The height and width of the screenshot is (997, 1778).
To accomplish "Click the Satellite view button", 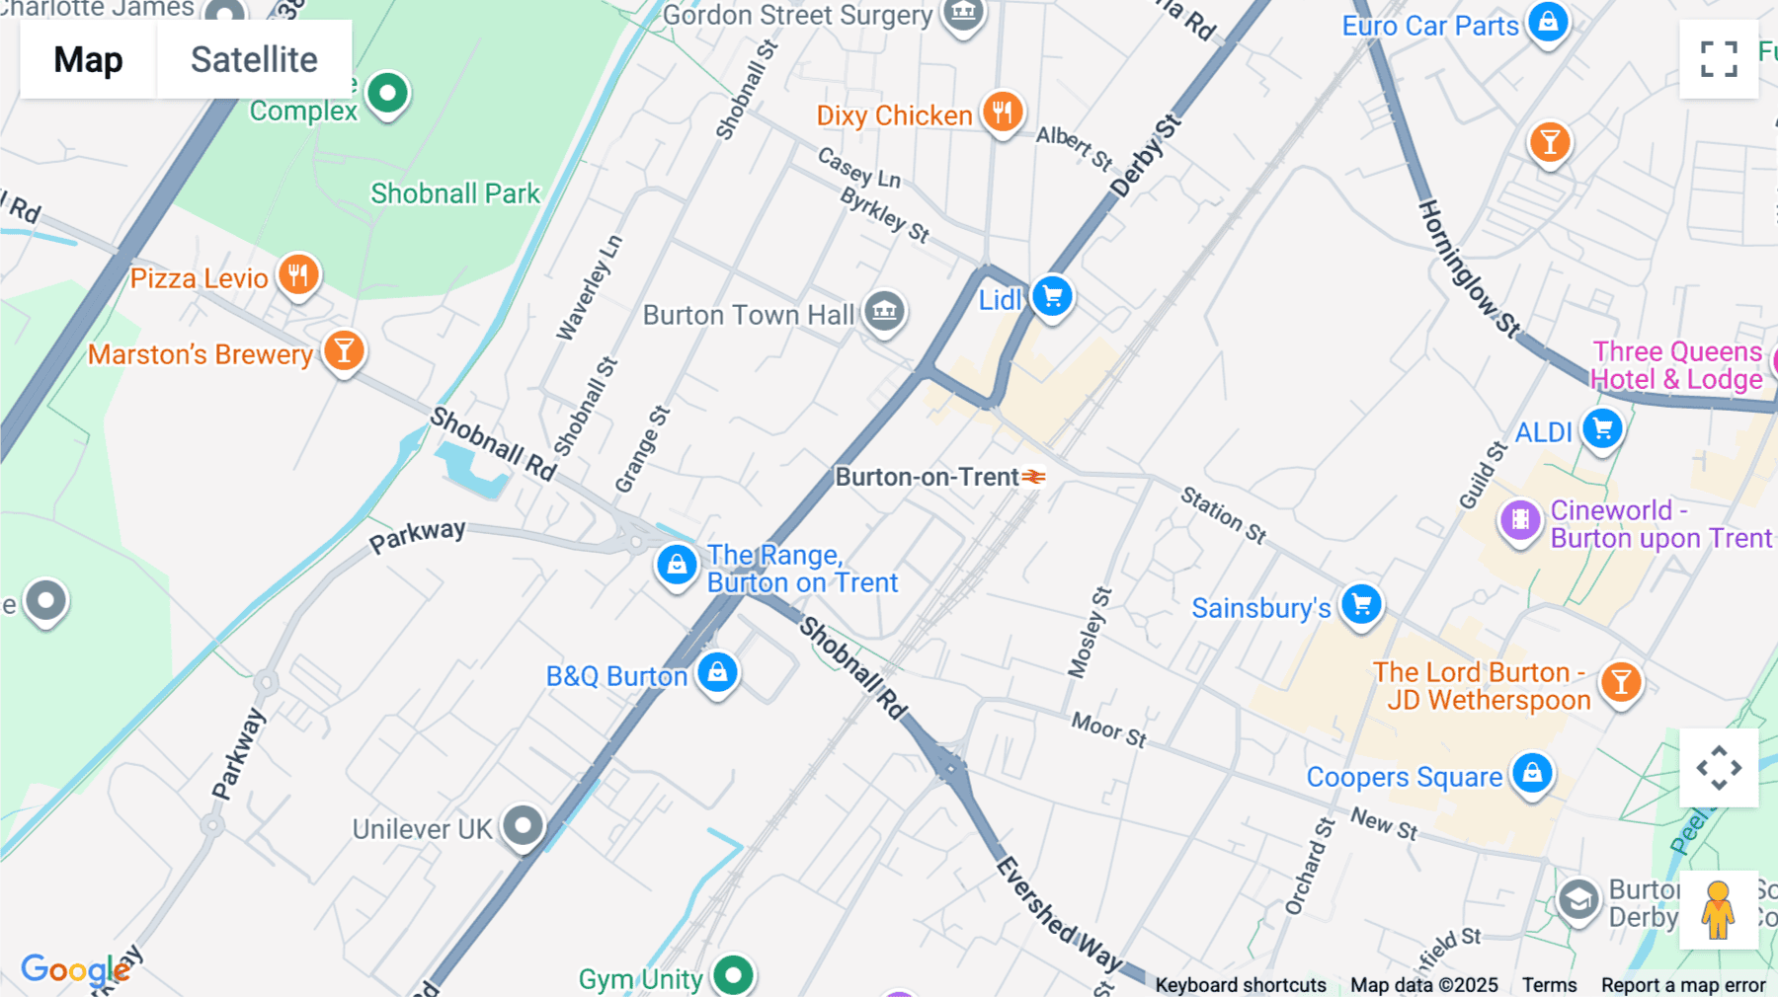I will click(x=254, y=59).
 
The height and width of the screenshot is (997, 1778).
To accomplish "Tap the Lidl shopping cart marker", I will click(x=1052, y=296).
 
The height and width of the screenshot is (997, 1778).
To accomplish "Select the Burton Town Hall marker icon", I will click(x=884, y=312).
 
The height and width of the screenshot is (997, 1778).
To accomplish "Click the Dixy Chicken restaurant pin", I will click(x=1002, y=113).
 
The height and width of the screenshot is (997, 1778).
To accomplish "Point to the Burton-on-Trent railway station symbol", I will click(x=1033, y=477).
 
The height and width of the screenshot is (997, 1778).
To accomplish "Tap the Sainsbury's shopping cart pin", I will click(x=1361, y=604).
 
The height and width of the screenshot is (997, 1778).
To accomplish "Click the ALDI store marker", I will click(x=1602, y=429).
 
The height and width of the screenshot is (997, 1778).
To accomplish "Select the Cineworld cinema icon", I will click(x=1520, y=519).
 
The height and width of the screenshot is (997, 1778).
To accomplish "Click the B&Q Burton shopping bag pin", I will click(x=717, y=672).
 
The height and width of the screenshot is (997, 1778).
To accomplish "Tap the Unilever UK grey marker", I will click(x=523, y=824).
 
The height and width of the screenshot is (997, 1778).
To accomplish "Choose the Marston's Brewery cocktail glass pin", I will click(x=344, y=350).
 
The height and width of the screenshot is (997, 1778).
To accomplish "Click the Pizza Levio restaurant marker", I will click(x=298, y=275).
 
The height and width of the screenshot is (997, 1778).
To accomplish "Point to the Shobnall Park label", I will click(x=455, y=193).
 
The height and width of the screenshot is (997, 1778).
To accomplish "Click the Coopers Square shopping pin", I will click(x=1532, y=773).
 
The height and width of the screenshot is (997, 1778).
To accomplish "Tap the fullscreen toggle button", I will click(x=1719, y=59).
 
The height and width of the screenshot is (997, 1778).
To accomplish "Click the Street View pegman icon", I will click(x=1718, y=909).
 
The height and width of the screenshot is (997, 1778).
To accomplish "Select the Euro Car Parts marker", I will click(x=1548, y=22).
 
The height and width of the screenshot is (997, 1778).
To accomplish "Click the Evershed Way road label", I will click(x=1058, y=914).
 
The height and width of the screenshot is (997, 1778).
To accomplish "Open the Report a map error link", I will click(x=1683, y=985).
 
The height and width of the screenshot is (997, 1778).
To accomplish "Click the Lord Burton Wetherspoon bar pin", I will click(x=1620, y=682).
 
